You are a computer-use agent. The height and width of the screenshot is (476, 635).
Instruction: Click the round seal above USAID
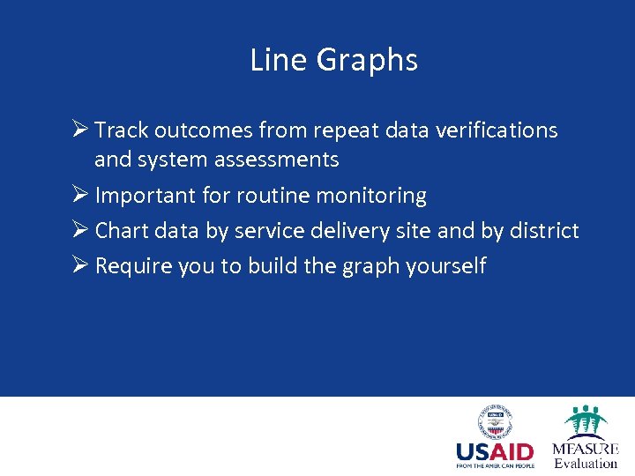pos(495,421)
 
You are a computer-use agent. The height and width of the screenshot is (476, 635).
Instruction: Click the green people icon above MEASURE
pos(586,421)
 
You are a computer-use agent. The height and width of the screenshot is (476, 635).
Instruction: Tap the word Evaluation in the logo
pos(586,463)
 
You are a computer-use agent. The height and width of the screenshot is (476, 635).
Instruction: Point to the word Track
pos(122,130)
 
